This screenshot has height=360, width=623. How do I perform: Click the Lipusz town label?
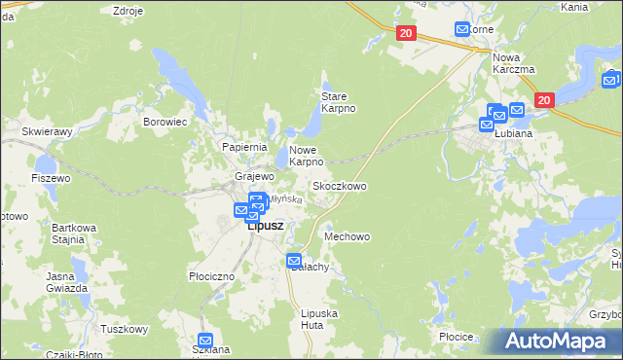click(265, 226)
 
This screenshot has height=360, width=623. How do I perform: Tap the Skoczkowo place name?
click(339, 185)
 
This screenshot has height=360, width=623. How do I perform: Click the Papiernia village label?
click(244, 147)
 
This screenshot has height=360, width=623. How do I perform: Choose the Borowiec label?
click(165, 123)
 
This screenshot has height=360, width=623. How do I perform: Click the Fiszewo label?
click(51, 178)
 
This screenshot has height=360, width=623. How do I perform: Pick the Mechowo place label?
click(348, 236)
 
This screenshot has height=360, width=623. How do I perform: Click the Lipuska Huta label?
click(319, 318)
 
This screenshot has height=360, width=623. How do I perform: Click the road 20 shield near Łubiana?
click(544, 99)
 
